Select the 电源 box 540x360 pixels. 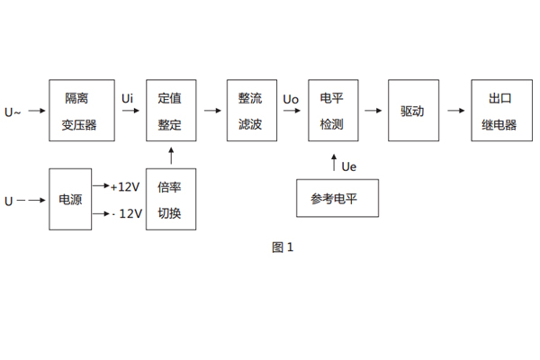pos(70,199)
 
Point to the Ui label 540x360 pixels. pos(129,96)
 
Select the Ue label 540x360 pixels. pos(349,166)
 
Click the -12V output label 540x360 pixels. pos(125,213)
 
